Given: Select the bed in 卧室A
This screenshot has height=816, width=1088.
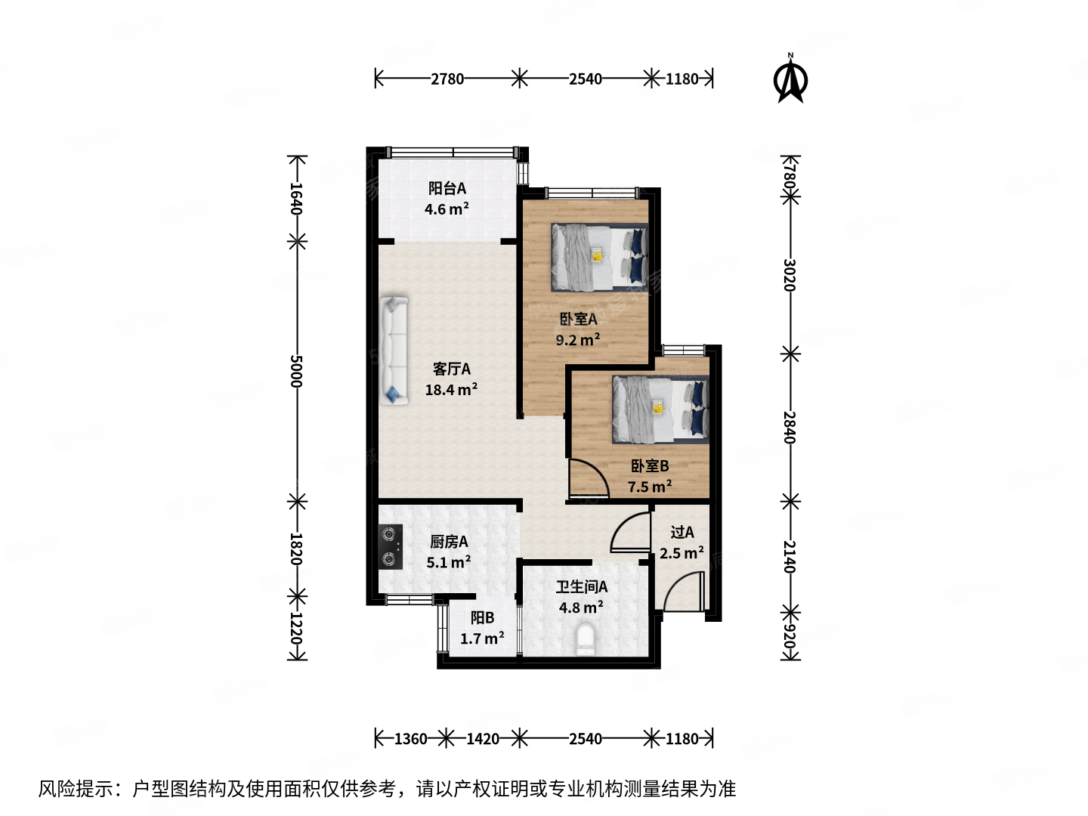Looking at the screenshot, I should point(599,257).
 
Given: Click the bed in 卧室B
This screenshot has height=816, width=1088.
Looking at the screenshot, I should point(660,409).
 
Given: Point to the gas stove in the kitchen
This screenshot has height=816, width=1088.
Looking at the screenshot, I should point(390,546).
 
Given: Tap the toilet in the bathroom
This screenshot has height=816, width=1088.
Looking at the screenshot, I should point(586,639).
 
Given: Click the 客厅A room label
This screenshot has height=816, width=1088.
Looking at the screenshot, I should point(451,369).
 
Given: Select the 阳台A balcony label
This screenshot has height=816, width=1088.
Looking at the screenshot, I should point(447,188).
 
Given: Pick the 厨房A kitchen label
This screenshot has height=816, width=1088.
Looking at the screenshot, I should point(449,542).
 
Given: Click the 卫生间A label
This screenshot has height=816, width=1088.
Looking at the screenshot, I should point(581,586).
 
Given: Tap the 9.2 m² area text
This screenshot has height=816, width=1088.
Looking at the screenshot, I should point(578,340).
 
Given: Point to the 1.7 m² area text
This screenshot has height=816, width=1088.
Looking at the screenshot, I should point(482,638).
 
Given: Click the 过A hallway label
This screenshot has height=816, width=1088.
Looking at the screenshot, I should point(682,532).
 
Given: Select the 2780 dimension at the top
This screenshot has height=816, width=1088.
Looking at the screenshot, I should point(447,79).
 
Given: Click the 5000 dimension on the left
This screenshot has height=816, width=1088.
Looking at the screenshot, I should point(296,371).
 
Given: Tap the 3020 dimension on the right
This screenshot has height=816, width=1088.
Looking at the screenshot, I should point(790,275).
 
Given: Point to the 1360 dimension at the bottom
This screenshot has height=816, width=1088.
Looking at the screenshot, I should point(410,738).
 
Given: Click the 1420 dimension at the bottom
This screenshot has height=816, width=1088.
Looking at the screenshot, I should point(482,738).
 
